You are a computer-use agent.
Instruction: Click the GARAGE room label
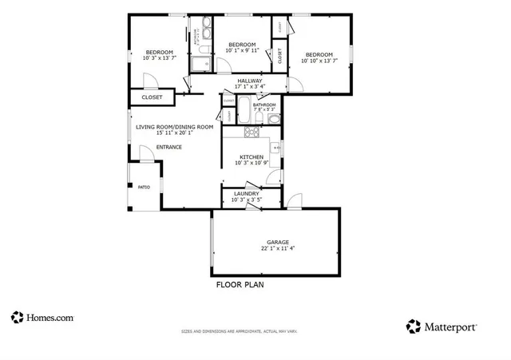pyautogui.click(x=277, y=242)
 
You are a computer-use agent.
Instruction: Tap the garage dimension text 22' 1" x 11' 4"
pyautogui.click(x=277, y=249)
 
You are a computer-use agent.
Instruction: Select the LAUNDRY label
pyautogui.click(x=245, y=194)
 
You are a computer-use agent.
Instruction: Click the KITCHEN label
pyautogui.click(x=252, y=156)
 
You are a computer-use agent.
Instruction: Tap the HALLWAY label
pyautogui.click(x=250, y=81)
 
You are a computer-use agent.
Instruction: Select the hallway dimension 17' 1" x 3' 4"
pyautogui.click(x=250, y=87)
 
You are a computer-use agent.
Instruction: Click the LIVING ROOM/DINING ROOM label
pyautogui.click(x=174, y=127)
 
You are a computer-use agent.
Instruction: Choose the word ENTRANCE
pyautogui.click(x=168, y=147)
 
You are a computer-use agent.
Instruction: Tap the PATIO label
pyautogui.click(x=144, y=188)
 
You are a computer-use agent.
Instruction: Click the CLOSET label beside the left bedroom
pyautogui.click(x=152, y=97)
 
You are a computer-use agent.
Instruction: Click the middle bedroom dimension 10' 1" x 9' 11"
pyautogui.click(x=242, y=51)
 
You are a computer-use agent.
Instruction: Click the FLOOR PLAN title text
pyautogui.click(x=240, y=284)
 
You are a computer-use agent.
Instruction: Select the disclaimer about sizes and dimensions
pyautogui.click(x=239, y=330)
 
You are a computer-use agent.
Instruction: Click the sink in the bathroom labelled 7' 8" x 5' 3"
pyautogui.click(x=273, y=120)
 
